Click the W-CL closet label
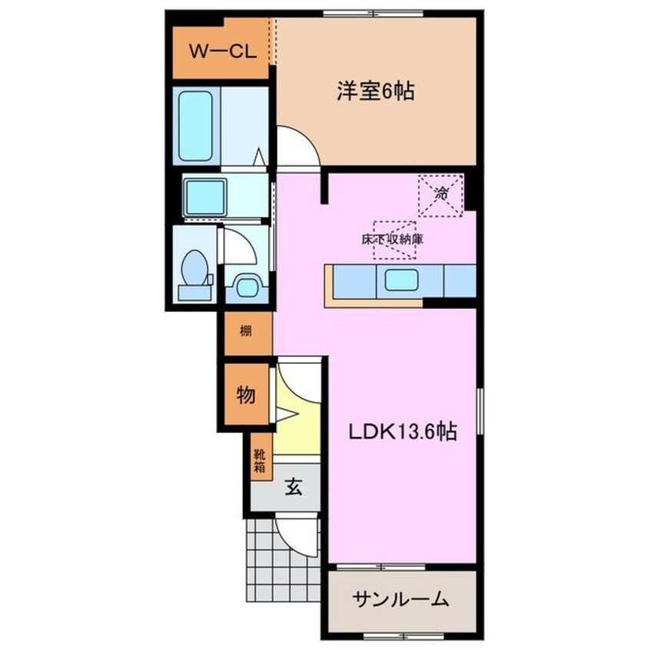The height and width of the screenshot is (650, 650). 217,53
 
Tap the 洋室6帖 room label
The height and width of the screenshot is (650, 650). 375,91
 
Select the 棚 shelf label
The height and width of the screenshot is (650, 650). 245,333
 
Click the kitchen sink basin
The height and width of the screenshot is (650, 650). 400,280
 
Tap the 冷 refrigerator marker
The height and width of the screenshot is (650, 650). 441,195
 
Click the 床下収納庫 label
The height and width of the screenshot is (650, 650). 394,239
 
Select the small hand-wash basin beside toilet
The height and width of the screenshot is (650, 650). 247,287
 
